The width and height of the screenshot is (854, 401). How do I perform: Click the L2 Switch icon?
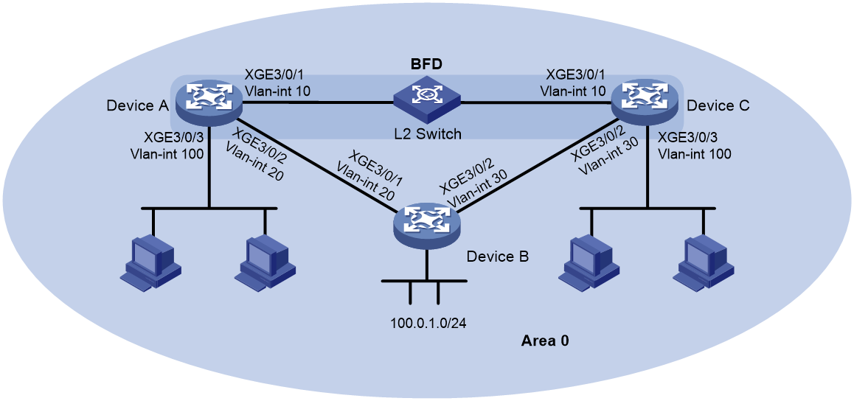(x=428, y=100)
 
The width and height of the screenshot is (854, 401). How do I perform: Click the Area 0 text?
(x=546, y=342)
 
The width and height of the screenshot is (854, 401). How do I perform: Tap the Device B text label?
(x=498, y=256)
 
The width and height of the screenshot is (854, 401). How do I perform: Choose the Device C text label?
(x=718, y=105)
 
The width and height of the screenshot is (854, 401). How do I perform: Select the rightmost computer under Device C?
(x=704, y=262)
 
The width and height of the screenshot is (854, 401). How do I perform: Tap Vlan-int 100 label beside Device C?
(x=695, y=153)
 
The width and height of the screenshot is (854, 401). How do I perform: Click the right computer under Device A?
(x=265, y=262)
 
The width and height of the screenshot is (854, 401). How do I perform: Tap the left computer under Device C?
(x=590, y=262)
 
